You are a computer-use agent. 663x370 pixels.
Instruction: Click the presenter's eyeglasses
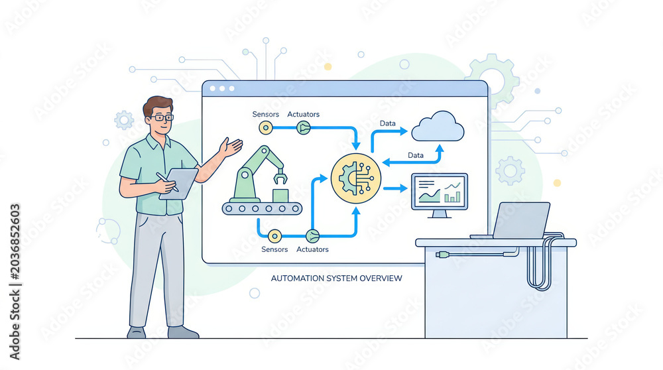coord(162,117)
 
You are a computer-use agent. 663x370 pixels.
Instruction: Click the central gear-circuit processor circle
coord(355,178)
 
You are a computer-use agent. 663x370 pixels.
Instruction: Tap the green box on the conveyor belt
coord(280,196)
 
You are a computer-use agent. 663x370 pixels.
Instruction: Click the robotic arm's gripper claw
coord(280,177)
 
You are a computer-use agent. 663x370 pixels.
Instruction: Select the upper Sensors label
coord(266,114)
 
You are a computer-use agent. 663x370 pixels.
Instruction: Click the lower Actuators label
coord(312,249)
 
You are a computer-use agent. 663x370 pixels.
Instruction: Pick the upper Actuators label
coord(303,114)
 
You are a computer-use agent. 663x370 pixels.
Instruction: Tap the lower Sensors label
coord(274,249)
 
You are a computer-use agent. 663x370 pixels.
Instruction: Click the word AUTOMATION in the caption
coord(296,278)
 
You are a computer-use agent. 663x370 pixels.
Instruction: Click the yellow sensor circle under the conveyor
coord(274,236)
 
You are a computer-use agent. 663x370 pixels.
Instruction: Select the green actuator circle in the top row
coord(303,127)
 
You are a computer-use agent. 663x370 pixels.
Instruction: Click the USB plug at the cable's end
coord(442,255)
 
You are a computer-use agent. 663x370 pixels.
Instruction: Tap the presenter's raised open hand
coord(231,147)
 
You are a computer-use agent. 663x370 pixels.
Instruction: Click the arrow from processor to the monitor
coord(396,188)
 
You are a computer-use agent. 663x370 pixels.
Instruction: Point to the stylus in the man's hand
coord(167,182)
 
